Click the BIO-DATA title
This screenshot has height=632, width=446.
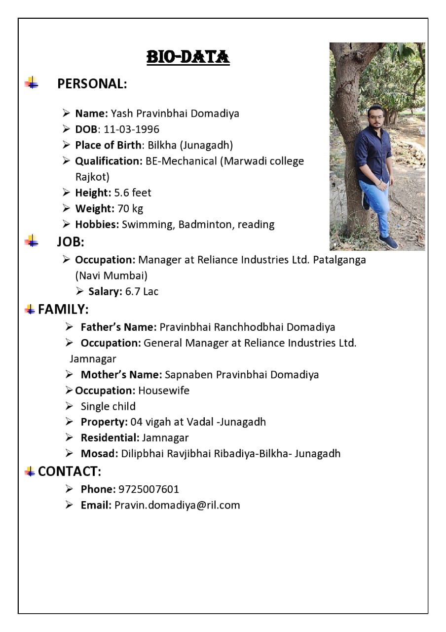(188, 57)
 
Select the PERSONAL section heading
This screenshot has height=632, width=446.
(92, 84)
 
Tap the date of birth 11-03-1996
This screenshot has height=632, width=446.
(131, 129)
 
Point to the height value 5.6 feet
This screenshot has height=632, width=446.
(133, 193)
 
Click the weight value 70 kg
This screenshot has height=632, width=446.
(130, 208)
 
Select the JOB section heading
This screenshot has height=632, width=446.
(71, 242)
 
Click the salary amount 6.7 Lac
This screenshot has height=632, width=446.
(142, 291)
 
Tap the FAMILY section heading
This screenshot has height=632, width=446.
(63, 310)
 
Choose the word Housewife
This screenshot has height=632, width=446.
(164, 391)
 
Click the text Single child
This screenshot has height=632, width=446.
(108, 406)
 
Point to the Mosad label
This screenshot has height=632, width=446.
(99, 453)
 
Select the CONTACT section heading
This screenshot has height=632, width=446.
(69, 472)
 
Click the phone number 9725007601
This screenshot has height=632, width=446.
(149, 489)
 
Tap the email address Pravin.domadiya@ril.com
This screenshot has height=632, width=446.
(177, 505)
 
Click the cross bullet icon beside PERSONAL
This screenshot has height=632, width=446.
(32, 83)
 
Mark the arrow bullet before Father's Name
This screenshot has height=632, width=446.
(70, 327)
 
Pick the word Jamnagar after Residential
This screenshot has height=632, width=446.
(165, 437)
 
